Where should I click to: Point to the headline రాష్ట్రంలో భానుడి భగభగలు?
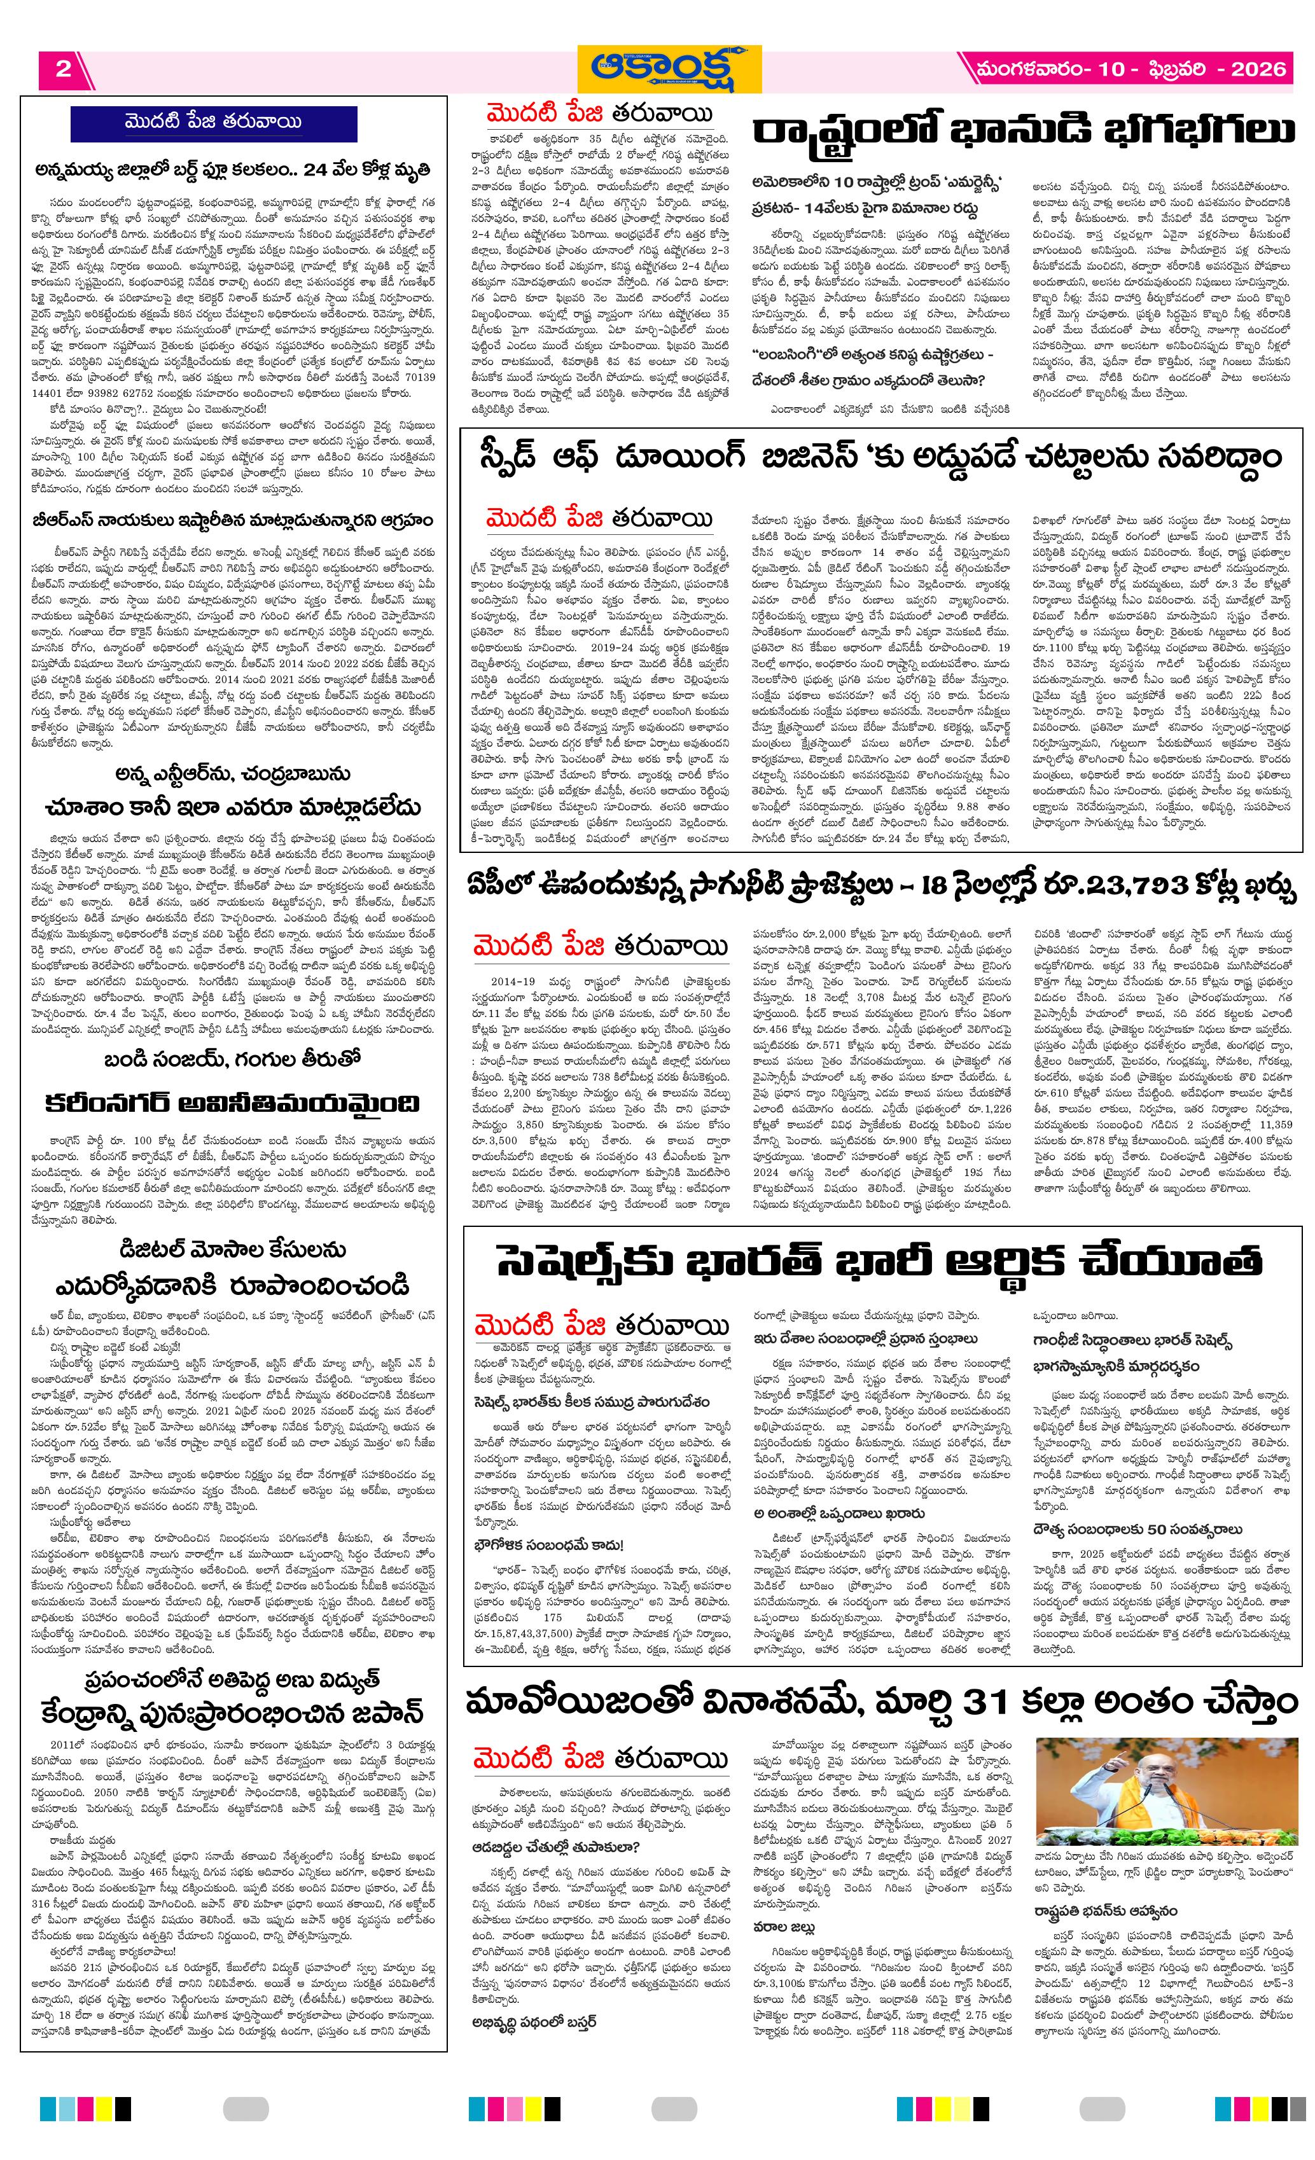(1025, 132)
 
